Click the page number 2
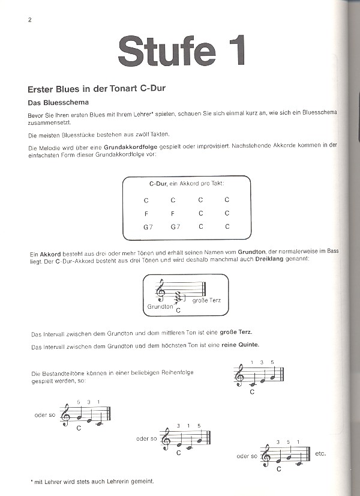(29, 20)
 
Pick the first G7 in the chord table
(148, 226)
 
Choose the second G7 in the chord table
(175, 226)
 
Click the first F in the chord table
(146, 213)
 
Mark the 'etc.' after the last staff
(320, 453)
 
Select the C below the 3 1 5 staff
(179, 452)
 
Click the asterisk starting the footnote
(31, 480)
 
